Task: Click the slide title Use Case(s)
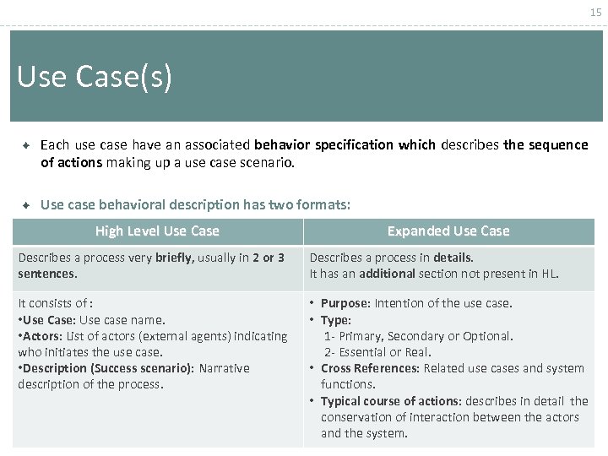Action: point(95,78)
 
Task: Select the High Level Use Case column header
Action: point(157,231)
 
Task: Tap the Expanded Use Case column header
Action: point(448,231)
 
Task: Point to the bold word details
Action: point(452,258)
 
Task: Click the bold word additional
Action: point(387,274)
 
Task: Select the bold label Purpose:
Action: point(345,303)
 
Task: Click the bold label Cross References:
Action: point(370,368)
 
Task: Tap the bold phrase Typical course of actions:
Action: point(391,400)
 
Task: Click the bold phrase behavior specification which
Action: point(345,144)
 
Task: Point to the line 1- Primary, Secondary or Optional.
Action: point(419,336)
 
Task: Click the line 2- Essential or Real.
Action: point(377,352)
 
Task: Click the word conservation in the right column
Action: point(357,416)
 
